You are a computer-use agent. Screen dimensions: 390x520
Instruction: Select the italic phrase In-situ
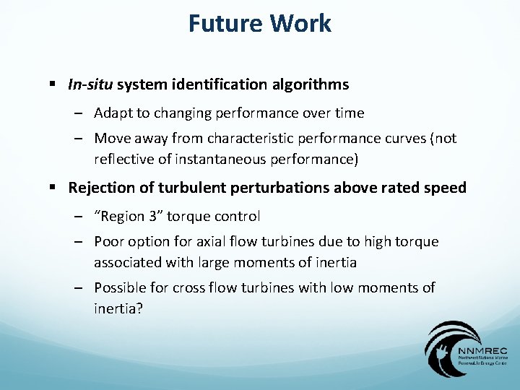(90, 85)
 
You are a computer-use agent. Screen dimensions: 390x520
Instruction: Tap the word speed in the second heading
(447, 188)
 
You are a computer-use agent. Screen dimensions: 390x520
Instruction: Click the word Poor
(109, 241)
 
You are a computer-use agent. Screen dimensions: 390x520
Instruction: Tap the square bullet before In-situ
(53, 85)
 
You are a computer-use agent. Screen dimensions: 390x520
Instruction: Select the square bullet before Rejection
(53, 188)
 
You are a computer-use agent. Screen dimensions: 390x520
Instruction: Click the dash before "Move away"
(78, 138)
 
